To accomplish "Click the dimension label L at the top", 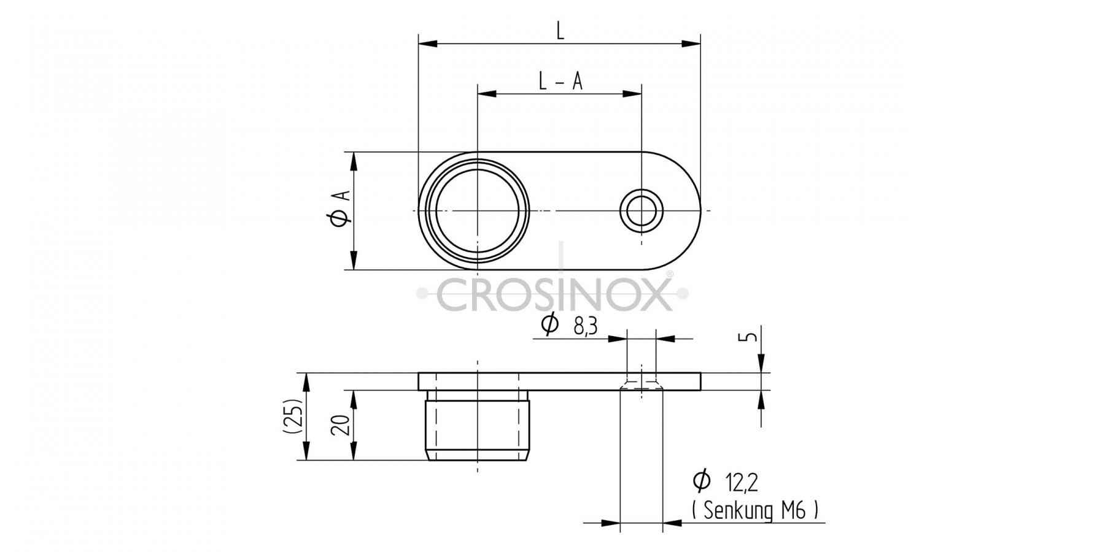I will (x=560, y=31).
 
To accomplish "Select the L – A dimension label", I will (x=560, y=82).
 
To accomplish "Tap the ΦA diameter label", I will (x=340, y=209).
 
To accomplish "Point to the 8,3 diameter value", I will (x=586, y=327).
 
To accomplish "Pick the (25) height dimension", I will (x=293, y=416).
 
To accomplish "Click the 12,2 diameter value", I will (x=742, y=483).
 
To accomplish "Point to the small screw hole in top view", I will (x=642, y=210).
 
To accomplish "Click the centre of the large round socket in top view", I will (x=478, y=210).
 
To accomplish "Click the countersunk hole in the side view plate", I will (x=642, y=384).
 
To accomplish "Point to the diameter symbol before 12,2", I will (x=701, y=481).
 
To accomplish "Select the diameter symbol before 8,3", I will (x=550, y=324).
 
